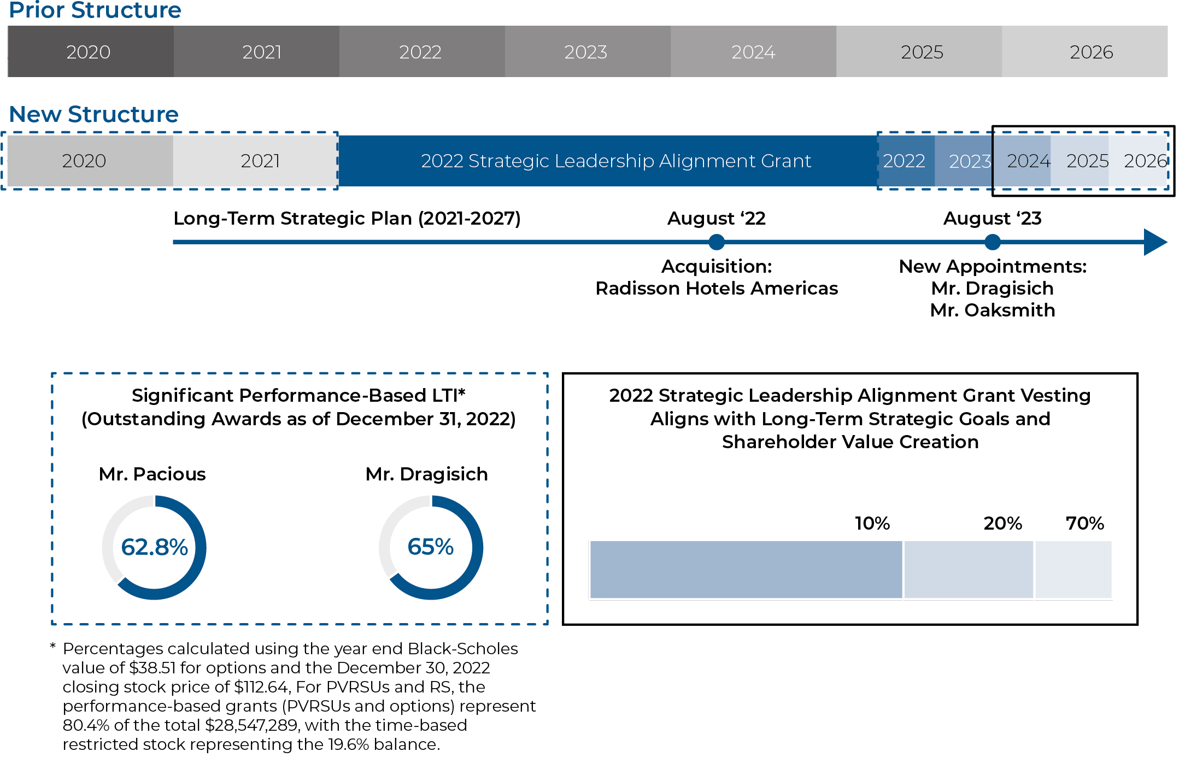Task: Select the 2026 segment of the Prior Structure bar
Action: coord(1085,52)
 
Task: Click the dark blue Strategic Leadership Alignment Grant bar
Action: coord(607,161)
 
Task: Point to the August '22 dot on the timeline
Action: coord(716,242)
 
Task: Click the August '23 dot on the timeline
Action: coord(992,242)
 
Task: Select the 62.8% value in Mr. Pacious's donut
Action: coord(154,547)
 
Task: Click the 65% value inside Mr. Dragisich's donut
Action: coord(431,547)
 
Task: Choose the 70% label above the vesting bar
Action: coord(1084,523)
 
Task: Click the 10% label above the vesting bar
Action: coord(872,523)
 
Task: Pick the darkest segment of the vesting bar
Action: coord(746,570)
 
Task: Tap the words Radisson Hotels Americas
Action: coord(716,288)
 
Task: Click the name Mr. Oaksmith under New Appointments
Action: coord(992,310)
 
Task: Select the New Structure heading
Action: coord(94,114)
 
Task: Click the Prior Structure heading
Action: coord(95,10)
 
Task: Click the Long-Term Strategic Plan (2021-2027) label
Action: coord(347,218)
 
